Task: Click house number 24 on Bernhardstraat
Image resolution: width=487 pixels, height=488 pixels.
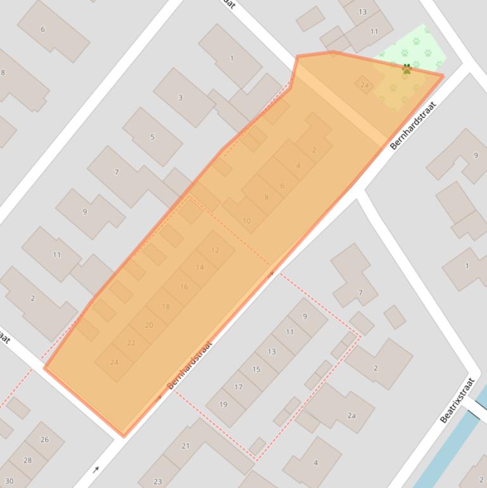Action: click(115, 363)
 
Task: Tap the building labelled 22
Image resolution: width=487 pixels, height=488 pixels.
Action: click(131, 343)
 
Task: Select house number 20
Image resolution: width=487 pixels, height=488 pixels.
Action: click(149, 325)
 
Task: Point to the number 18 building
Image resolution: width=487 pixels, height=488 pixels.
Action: click(166, 307)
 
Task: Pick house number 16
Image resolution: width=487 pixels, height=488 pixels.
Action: click(184, 287)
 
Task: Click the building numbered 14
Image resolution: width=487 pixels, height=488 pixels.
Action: click(200, 267)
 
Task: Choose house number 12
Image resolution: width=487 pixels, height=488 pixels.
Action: click(215, 250)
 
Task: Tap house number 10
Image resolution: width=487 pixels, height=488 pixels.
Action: click(246, 221)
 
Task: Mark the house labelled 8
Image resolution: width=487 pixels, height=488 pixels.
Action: click(266, 197)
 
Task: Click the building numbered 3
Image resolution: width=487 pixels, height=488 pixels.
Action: click(180, 98)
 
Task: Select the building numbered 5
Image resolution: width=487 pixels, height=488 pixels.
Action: click(152, 137)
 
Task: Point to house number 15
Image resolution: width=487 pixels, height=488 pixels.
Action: click(256, 369)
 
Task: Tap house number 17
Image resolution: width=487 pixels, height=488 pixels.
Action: click(239, 387)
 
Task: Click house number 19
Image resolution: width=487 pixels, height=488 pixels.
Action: click(224, 404)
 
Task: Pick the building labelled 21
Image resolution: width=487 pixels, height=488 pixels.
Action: click(186, 446)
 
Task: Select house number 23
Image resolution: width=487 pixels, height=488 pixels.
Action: click(158, 481)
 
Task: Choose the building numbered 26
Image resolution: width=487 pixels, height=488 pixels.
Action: click(44, 440)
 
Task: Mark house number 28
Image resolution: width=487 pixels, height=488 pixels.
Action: click(27, 460)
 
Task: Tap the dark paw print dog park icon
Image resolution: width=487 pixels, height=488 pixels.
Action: click(407, 68)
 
